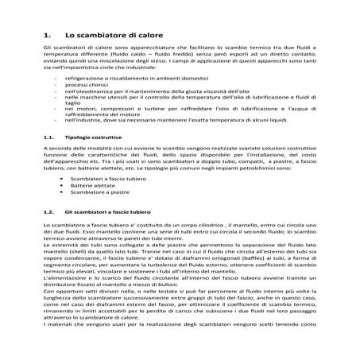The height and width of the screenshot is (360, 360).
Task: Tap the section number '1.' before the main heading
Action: coord(47,36)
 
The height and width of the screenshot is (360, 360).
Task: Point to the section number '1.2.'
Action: coord(48,213)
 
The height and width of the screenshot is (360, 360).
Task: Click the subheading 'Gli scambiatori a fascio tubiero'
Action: coord(115,213)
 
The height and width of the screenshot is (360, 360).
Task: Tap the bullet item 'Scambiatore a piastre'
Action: coord(98,193)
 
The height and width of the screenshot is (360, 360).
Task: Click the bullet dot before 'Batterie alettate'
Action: coord(63,186)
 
